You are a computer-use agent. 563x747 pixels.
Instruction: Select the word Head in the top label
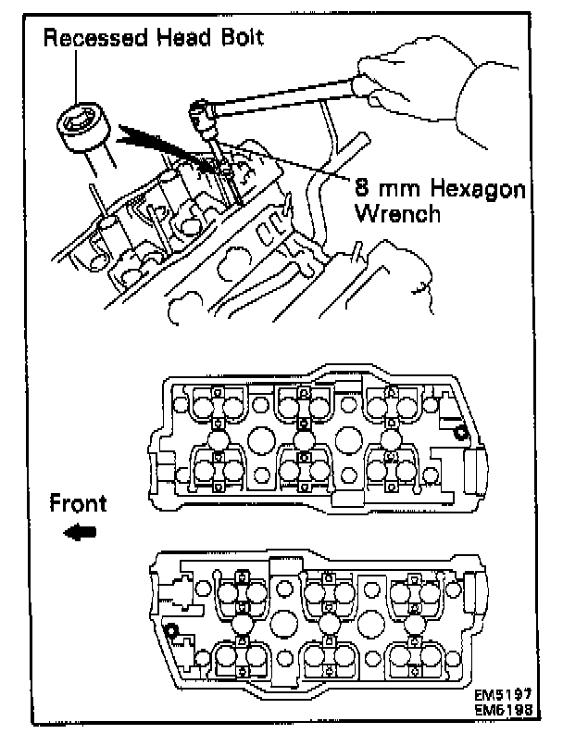coord(185,39)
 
